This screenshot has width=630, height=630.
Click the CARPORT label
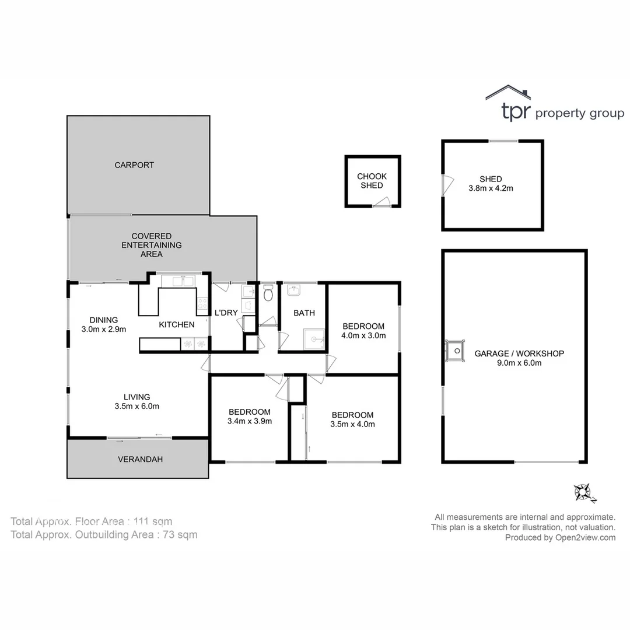coord(134,165)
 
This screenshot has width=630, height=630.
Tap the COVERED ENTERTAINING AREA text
coord(151,245)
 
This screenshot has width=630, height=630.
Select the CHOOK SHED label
coord(372,181)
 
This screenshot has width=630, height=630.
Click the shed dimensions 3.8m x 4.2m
coord(491,188)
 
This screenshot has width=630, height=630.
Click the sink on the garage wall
coord(454,351)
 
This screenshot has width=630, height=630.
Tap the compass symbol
coord(584,492)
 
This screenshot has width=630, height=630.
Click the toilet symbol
coord(268,293)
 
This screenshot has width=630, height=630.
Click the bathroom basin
coord(293,290)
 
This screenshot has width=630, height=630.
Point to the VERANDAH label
coord(140,460)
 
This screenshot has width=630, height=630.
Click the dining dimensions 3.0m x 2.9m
coord(104,329)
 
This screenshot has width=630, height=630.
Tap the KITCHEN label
coord(177,324)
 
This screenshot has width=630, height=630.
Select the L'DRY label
coord(226,313)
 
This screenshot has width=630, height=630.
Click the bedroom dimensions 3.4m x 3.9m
coord(250,421)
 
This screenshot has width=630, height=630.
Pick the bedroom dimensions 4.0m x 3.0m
coord(363,335)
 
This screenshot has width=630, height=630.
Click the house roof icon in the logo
coord(508,94)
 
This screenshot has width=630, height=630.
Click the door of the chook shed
coord(381,202)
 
